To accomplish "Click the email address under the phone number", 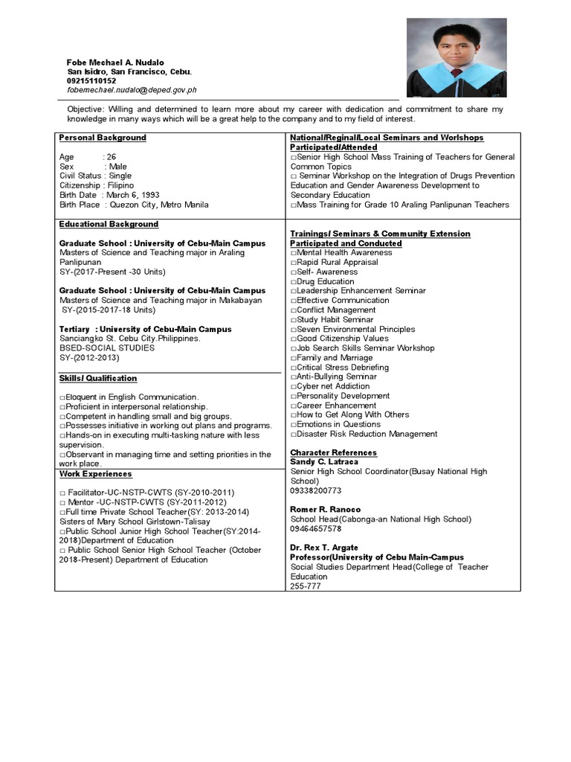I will [132, 90].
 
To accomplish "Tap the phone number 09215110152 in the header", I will [91, 80].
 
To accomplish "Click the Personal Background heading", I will [103, 138].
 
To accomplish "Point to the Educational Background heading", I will [109, 224].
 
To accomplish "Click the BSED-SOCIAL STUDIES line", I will [107, 348].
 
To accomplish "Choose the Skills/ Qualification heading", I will [98, 378].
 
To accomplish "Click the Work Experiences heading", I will [95, 473].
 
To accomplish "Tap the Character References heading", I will [333, 452].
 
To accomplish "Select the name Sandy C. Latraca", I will [323, 462].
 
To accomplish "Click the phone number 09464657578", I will [316, 528].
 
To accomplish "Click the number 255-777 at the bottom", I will [306, 586].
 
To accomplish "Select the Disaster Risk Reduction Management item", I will [366, 434].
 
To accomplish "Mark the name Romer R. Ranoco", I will [325, 510].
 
